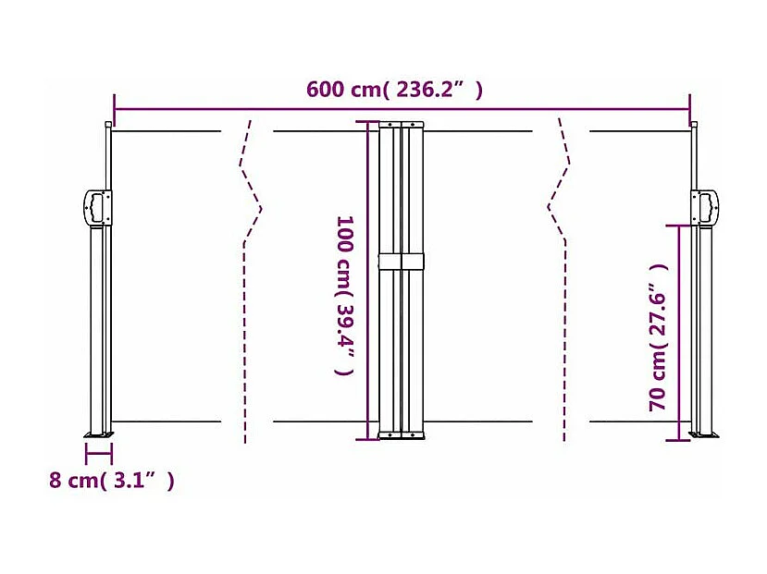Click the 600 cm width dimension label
coord(395,90)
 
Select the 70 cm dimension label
coord(658,337)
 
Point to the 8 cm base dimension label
coord(111,481)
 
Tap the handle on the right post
coord(706,205)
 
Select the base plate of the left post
coord(98,434)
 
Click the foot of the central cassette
coord(402,434)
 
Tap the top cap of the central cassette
coord(402,123)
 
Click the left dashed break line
coord(248,277)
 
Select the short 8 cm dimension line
coord(98,453)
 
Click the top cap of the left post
coord(108,124)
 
